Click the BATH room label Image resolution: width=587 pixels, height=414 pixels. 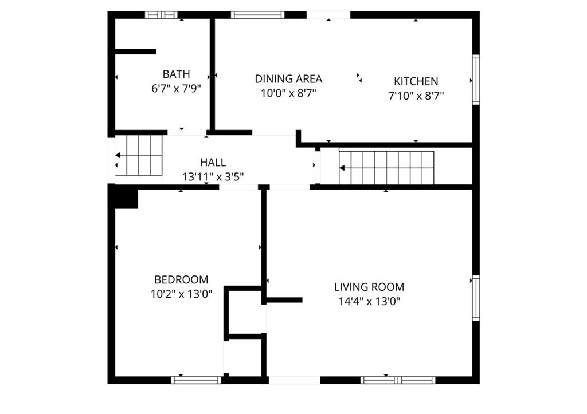176,74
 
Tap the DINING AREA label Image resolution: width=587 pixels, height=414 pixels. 288,79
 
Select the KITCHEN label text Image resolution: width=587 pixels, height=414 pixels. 416,81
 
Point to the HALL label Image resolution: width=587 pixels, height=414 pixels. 213,162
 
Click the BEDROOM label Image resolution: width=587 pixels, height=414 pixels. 181,280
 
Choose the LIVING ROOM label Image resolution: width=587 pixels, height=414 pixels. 369,287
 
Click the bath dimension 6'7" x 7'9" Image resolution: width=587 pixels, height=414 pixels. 176,89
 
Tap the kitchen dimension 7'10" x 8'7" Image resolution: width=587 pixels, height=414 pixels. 416,96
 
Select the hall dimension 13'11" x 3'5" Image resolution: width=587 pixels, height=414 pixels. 213,176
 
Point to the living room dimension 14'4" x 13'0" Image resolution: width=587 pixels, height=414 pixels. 369,301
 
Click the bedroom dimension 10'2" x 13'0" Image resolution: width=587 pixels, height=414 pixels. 181,294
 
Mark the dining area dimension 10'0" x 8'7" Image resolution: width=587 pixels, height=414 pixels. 288,93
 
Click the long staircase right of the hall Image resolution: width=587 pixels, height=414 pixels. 386,168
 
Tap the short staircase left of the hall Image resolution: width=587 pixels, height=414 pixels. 139,155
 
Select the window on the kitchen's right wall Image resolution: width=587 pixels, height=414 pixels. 476,80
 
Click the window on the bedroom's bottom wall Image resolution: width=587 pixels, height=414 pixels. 196,380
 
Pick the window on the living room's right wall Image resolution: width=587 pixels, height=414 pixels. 476,298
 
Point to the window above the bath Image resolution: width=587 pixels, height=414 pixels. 161,15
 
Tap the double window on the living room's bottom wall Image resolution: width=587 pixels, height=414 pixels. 398,380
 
